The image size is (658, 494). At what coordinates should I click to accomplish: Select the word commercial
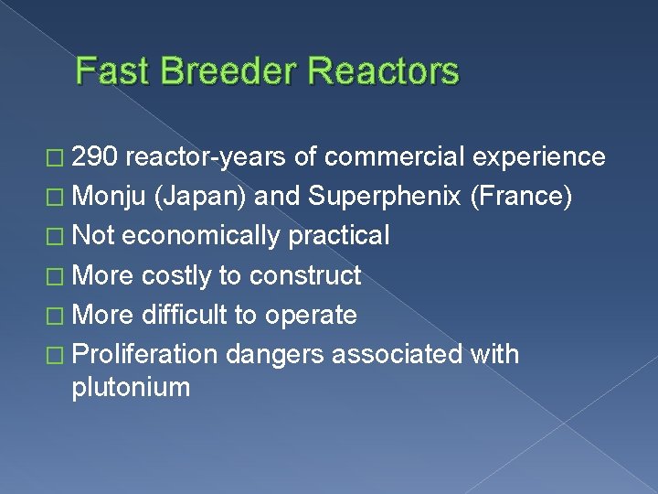(x=396, y=157)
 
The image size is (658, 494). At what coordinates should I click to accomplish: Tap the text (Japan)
(x=204, y=197)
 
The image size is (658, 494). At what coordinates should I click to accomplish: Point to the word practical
(x=338, y=236)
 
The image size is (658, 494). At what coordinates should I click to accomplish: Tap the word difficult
(x=184, y=315)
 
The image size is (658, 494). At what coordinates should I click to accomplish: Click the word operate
(x=310, y=315)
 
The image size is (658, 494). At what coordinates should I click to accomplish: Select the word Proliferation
(x=143, y=354)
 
